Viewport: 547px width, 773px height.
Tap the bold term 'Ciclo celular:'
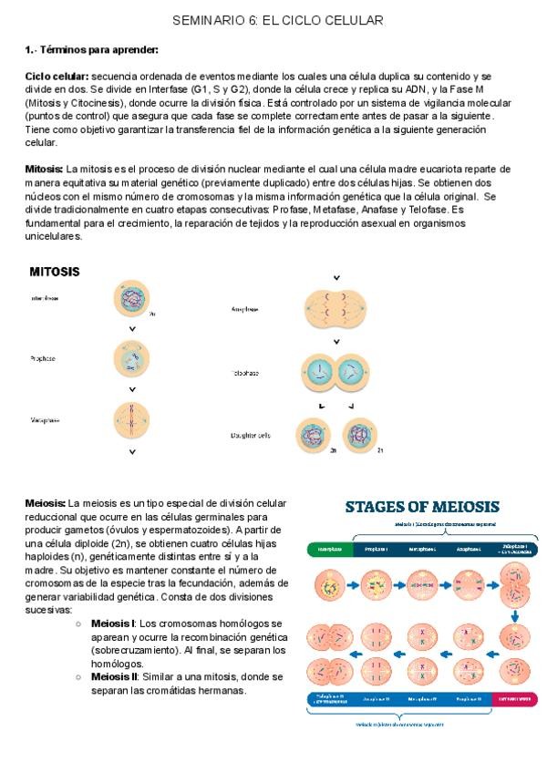coord(56,77)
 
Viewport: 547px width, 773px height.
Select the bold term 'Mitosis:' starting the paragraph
coord(45,170)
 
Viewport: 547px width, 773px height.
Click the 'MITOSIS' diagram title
coord(55,272)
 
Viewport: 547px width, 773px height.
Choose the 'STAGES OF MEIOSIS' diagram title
coord(421,506)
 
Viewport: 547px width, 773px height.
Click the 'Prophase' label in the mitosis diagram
coord(43,358)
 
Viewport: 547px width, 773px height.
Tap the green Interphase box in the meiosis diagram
coord(330,550)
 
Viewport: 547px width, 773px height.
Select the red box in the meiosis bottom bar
coord(514,698)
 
